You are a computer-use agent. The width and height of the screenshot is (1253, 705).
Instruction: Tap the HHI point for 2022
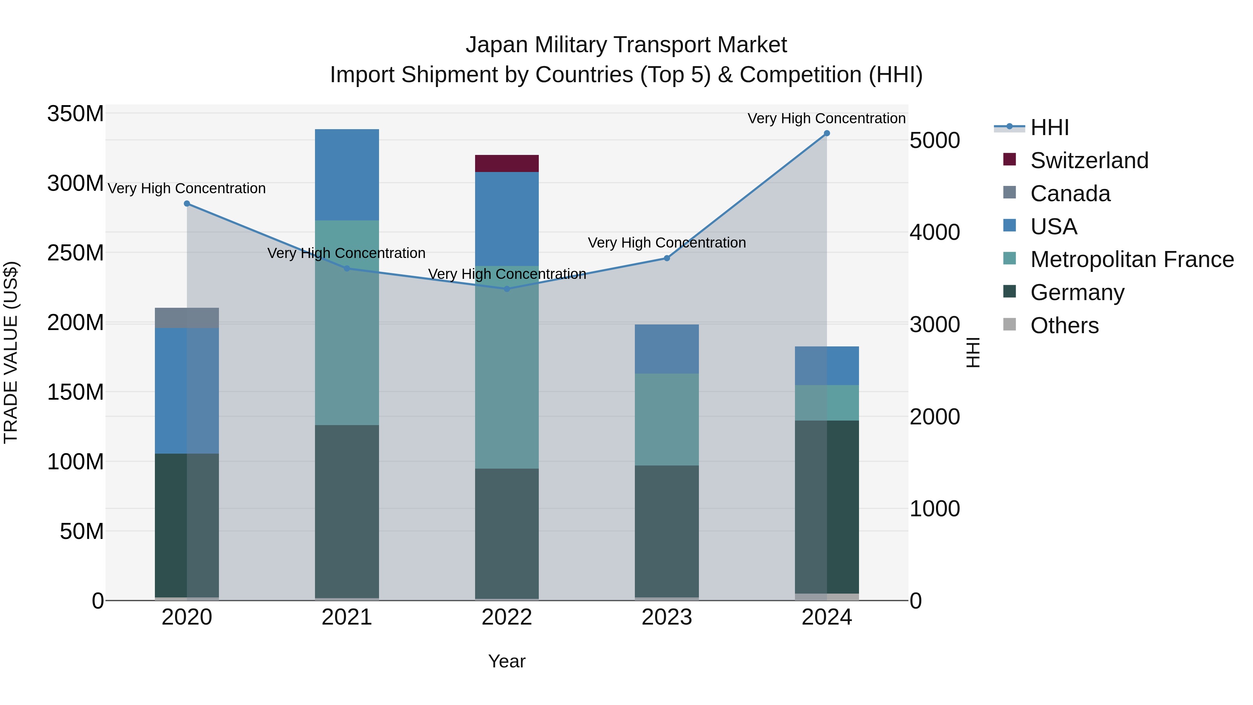click(x=507, y=289)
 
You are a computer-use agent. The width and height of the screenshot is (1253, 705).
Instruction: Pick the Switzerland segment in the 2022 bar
click(x=507, y=164)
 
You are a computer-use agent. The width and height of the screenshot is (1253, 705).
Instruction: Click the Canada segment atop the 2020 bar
click(x=187, y=318)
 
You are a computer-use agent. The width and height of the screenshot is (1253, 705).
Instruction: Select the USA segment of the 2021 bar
click(x=347, y=175)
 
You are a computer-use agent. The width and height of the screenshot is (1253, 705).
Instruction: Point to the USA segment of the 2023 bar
click(x=667, y=349)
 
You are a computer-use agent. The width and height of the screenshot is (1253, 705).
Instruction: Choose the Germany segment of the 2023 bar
click(x=667, y=531)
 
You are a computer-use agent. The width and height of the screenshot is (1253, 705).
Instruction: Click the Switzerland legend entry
click(x=1089, y=160)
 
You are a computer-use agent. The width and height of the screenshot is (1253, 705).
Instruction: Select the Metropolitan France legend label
click(x=1132, y=259)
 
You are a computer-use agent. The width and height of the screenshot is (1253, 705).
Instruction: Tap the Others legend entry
click(x=1064, y=326)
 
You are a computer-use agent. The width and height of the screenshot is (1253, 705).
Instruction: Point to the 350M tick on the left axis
click(x=76, y=114)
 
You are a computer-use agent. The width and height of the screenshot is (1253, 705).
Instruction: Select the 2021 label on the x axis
click(x=347, y=617)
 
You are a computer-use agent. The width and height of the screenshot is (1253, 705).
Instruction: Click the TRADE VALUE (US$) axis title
click(x=11, y=352)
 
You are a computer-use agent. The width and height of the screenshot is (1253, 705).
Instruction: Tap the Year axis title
click(x=507, y=661)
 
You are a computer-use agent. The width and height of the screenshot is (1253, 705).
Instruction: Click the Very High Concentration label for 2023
click(x=667, y=242)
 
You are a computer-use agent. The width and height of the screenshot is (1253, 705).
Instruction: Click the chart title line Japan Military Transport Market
click(x=626, y=45)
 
